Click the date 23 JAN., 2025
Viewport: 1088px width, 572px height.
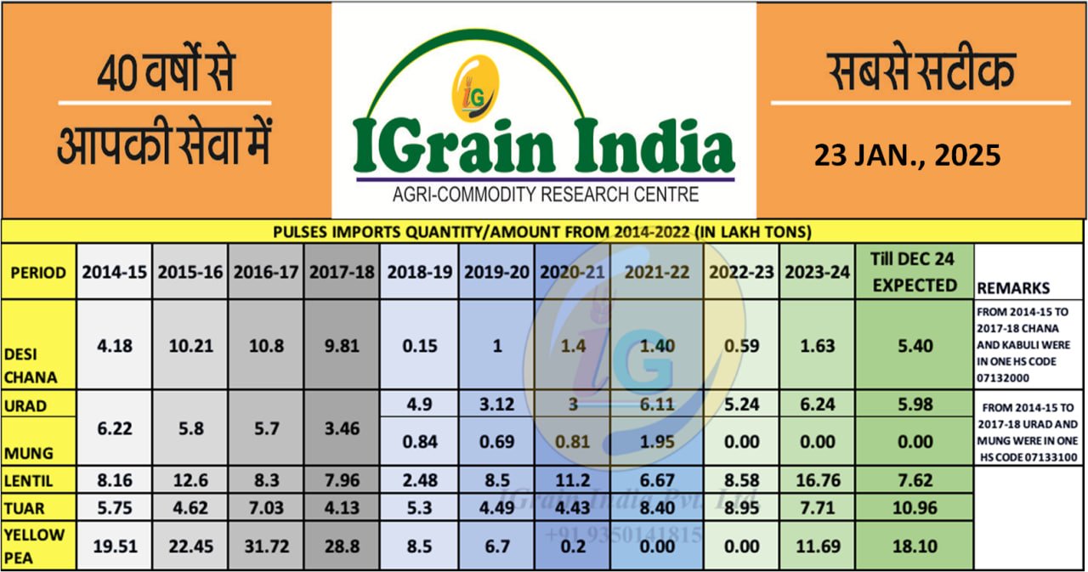907,156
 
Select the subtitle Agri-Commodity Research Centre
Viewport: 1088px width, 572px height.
545,195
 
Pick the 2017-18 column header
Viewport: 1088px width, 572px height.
342,272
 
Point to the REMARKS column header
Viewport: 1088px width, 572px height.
1014,287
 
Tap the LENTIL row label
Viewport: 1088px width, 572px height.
31,481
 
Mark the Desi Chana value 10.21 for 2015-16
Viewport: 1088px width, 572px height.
190,346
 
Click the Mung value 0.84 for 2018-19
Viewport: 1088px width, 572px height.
418,441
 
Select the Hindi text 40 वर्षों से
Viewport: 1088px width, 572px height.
165,75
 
